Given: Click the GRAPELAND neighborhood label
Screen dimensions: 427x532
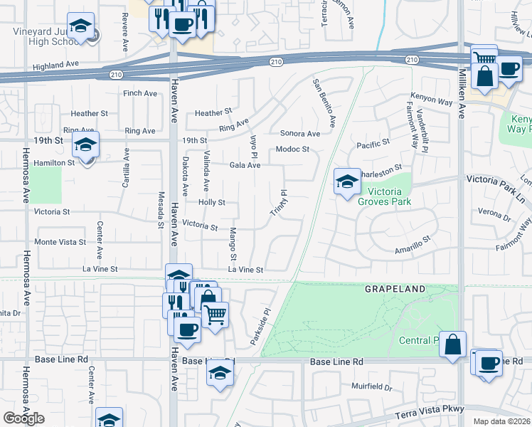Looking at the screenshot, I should [395, 289].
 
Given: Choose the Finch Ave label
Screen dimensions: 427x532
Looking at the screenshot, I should [139, 93].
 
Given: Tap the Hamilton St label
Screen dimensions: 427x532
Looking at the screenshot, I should [54, 163].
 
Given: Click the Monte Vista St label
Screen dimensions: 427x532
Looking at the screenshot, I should [60, 242].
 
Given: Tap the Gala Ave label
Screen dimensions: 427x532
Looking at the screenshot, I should [245, 165].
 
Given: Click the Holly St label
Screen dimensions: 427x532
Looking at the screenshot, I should [212, 202].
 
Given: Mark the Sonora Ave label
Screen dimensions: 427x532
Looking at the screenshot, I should [299, 133].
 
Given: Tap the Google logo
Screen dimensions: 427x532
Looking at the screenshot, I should [23, 418].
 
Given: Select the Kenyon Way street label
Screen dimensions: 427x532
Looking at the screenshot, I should [432, 102].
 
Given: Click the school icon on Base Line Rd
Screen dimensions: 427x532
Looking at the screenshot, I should [220, 374].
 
